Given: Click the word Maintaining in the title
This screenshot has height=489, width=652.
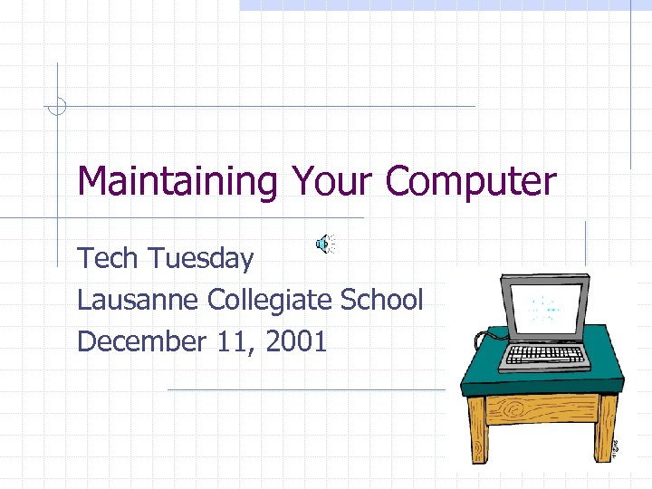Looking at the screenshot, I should click(177, 183).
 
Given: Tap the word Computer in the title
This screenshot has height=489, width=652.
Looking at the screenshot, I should click(470, 183).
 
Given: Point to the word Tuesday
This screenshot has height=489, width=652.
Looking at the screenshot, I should click(201, 259).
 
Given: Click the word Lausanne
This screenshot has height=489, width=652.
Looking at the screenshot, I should click(139, 300).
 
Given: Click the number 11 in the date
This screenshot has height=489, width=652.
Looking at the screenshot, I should click(237, 341).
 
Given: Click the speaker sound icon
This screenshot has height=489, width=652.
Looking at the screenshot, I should click(323, 243).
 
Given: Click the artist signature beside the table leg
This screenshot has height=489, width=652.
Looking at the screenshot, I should click(616, 447).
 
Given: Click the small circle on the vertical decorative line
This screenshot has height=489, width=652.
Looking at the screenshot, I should click(57, 107).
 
